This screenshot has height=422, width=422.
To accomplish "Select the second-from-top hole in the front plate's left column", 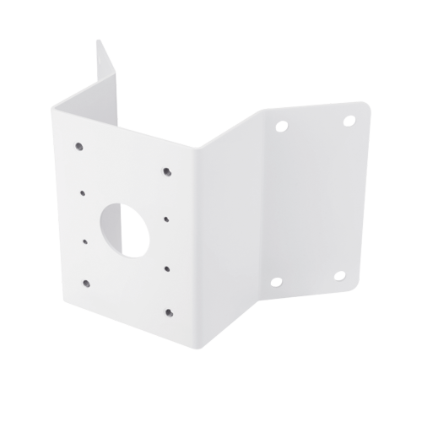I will (x=83, y=192).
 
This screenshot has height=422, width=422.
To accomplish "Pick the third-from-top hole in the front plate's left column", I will (x=86, y=241).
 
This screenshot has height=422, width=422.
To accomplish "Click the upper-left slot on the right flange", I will (x=279, y=127).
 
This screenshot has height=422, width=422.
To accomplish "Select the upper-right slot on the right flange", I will (x=346, y=120).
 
